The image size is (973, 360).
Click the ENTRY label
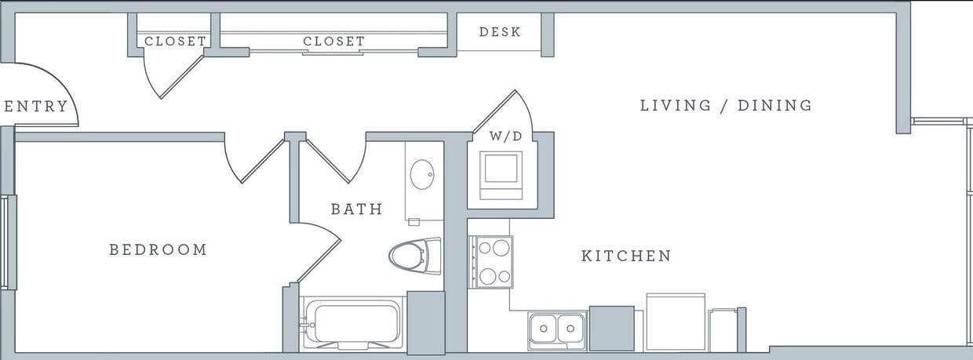(x=36, y=107)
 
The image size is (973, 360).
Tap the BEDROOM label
(x=158, y=249)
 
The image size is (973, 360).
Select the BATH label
(x=356, y=209)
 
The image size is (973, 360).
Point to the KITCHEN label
(x=626, y=256)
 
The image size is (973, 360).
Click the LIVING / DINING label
(x=726, y=105)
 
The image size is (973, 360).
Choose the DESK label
(x=500, y=32)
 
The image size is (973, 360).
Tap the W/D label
(x=505, y=136)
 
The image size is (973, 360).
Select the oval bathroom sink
(x=423, y=174)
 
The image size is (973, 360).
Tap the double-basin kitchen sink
(x=556, y=329)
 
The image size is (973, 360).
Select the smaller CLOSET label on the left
(x=175, y=41)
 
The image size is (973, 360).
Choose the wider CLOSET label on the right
(x=333, y=41)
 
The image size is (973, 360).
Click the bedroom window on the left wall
(x=9, y=242)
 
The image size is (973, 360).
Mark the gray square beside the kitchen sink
(x=611, y=328)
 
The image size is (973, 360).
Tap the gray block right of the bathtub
(x=426, y=322)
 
